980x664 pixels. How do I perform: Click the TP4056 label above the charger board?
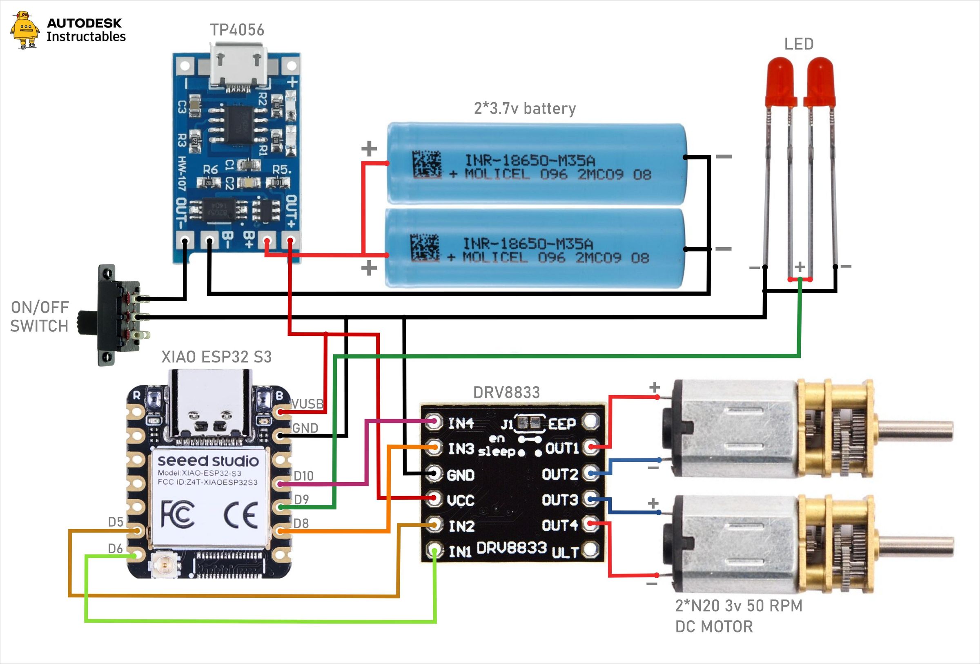tap(237, 30)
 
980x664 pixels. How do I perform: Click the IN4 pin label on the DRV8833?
tap(461, 423)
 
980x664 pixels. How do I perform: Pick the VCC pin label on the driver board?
tap(461, 500)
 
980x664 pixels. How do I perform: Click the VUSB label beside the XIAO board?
tap(307, 404)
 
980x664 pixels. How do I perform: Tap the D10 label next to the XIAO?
tap(304, 476)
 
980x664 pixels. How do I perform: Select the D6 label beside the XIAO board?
tap(115, 548)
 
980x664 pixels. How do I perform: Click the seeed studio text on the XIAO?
tap(208, 460)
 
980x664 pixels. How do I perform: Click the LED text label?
tap(799, 44)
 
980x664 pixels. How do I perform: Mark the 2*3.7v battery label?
tap(525, 108)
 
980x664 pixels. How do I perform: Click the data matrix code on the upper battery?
tap(427, 164)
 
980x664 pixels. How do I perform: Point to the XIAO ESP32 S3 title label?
tap(216, 357)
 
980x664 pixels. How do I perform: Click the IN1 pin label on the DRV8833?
tap(460, 551)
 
